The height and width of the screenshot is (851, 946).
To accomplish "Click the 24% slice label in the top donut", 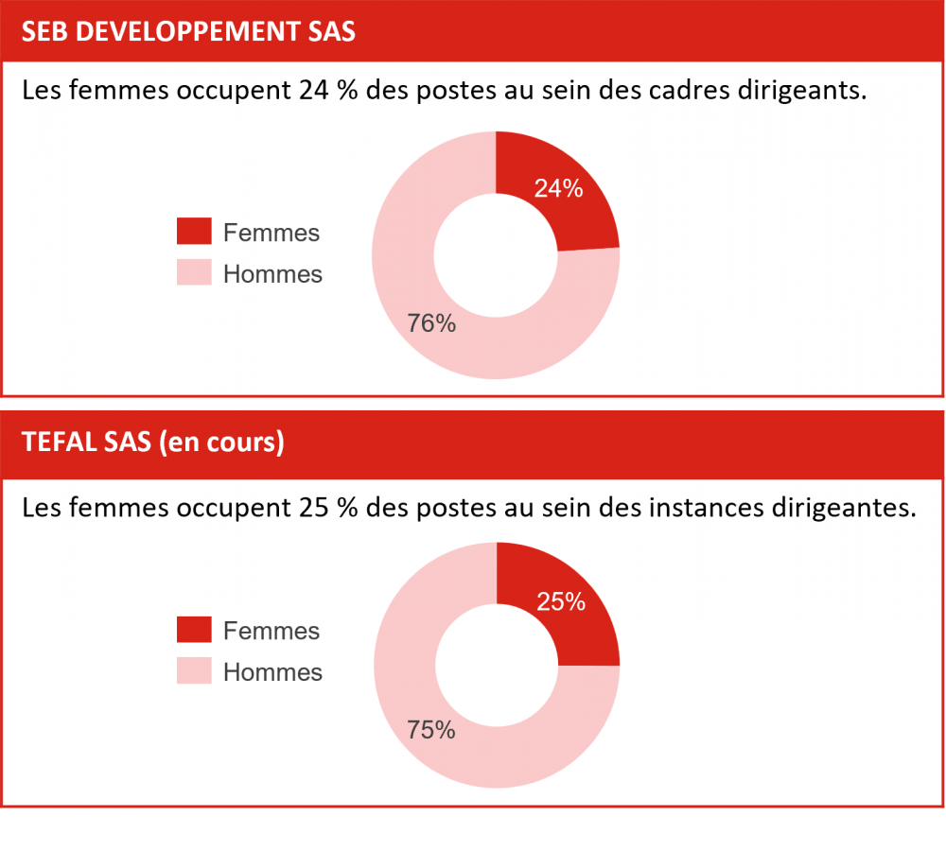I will coord(558,188).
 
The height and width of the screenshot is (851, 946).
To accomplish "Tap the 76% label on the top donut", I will coord(431,323).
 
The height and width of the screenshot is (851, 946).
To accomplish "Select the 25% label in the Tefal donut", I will coord(560,601).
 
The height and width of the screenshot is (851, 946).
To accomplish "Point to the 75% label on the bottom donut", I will coord(431,730).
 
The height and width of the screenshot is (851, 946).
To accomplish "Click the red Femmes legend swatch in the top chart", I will coord(194,232).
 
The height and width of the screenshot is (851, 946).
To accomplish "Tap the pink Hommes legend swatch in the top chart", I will coord(194,273).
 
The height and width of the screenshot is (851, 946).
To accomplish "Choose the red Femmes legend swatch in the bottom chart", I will coord(194,630).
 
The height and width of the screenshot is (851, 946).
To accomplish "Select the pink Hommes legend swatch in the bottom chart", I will coord(194,671).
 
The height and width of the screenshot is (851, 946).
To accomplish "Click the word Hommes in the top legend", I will coord(272,274).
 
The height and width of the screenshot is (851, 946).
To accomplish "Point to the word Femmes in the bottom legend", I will coord(272,631).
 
